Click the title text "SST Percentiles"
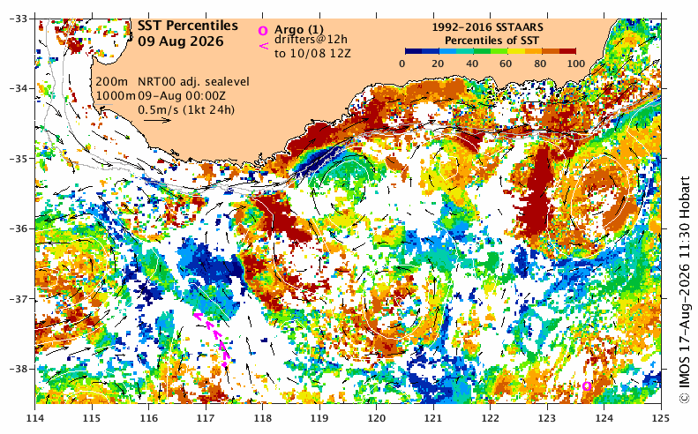187,26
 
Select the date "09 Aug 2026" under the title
180,41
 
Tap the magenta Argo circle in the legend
263,31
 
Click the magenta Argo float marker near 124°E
587,386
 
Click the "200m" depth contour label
112,82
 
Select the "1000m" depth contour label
116,95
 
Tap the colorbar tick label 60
506,64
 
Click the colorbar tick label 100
576,64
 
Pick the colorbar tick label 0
402,64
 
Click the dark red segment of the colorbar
567,51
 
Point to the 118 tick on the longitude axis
263,418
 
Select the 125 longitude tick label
661,418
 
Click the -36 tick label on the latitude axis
19,228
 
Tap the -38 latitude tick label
19,369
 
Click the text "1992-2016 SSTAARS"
487,27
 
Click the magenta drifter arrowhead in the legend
264,45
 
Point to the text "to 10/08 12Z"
312,54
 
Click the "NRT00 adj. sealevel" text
193,82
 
